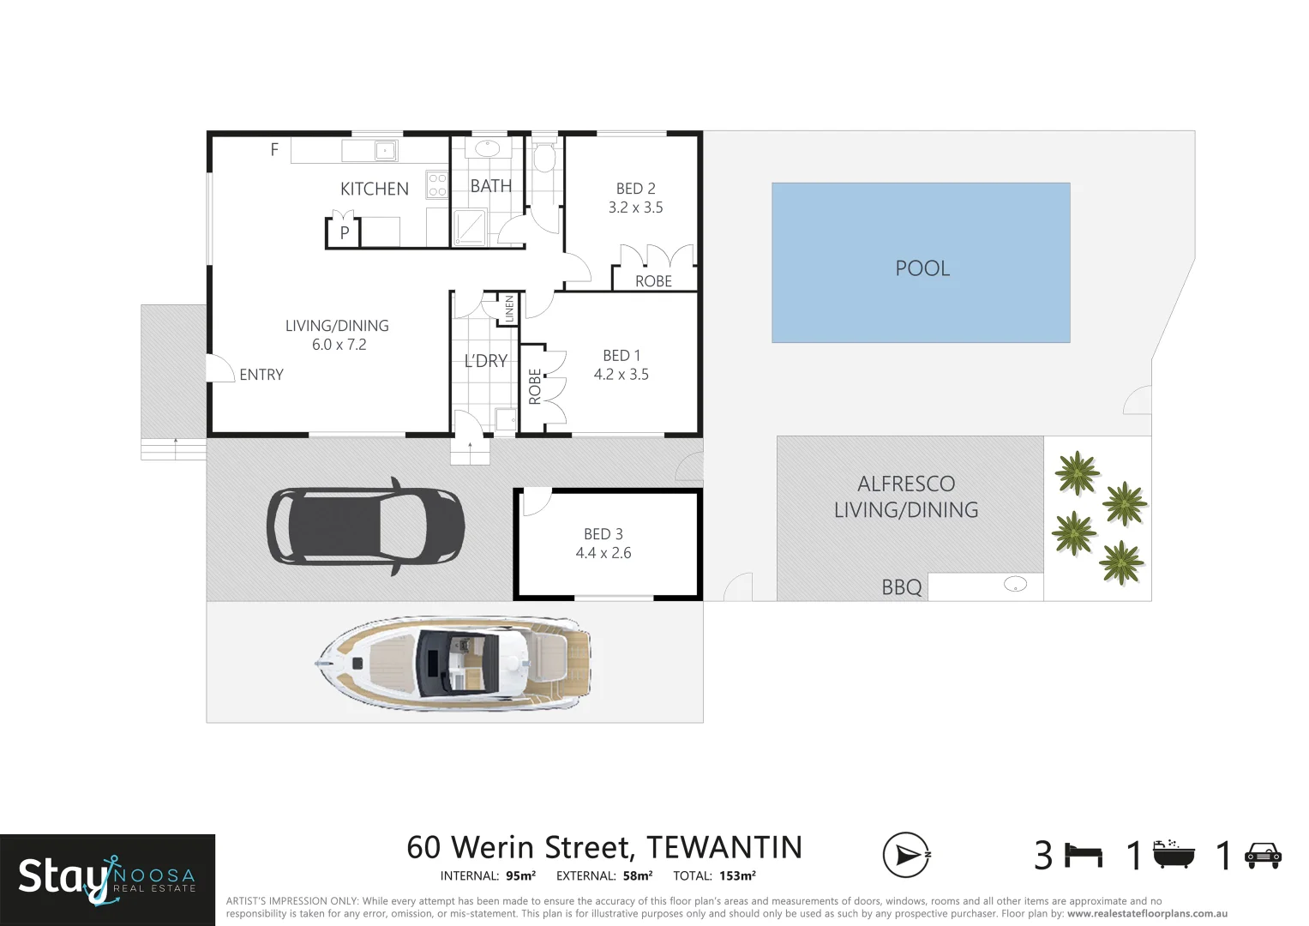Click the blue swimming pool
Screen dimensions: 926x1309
click(x=921, y=262)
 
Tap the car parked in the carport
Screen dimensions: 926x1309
click(x=366, y=526)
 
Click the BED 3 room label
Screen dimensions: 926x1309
click(x=603, y=534)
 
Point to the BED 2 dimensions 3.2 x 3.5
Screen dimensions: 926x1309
click(x=635, y=207)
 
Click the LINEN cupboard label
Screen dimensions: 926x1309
click(x=509, y=309)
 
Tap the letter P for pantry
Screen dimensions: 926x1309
click(x=345, y=232)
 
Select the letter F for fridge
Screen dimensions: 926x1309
click(x=274, y=150)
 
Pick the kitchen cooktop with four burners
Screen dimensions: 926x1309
click(x=437, y=185)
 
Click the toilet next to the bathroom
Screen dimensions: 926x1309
click(x=543, y=157)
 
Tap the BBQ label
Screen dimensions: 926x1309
click(x=902, y=587)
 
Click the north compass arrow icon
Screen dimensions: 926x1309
click(x=906, y=855)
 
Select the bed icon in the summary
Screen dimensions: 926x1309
click(x=1084, y=855)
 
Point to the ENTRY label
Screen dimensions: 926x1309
click(x=261, y=375)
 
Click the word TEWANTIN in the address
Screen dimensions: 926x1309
click(x=724, y=847)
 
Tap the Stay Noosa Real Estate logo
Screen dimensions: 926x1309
click(x=107, y=879)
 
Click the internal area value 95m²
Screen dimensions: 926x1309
click(x=520, y=876)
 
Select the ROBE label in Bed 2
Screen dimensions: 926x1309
click(x=653, y=281)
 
